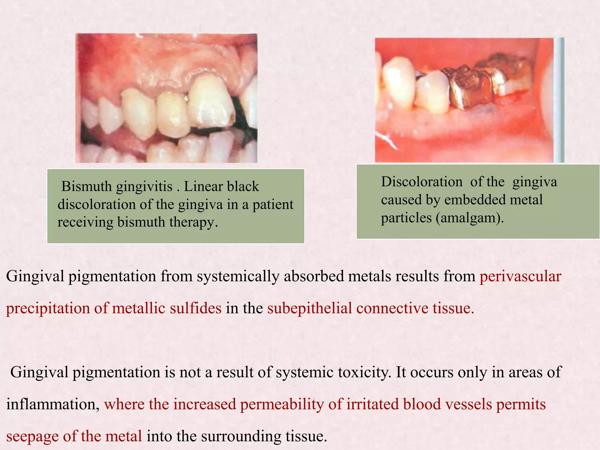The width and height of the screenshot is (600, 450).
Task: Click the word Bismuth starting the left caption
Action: click(86, 186)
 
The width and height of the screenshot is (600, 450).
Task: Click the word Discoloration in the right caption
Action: click(422, 182)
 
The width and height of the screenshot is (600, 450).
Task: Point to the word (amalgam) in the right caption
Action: click(470, 218)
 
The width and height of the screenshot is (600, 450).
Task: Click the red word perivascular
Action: click(520, 276)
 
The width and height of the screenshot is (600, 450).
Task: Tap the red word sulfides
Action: click(195, 308)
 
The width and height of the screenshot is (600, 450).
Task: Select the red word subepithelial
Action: click(309, 308)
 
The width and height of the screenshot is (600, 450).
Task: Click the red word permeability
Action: click(282, 404)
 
